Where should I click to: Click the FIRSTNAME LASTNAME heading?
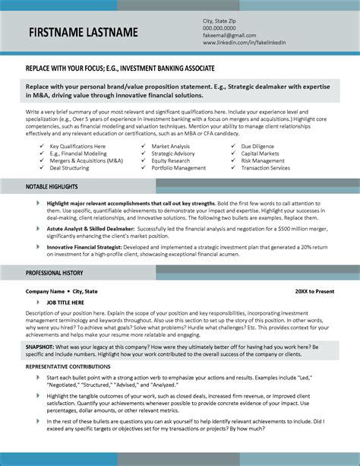coord(84,33)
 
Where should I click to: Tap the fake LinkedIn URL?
coord(242,44)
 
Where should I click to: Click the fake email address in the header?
coord(229,36)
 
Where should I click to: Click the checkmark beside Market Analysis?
coord(143,145)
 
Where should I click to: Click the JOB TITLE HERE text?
coord(65,302)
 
